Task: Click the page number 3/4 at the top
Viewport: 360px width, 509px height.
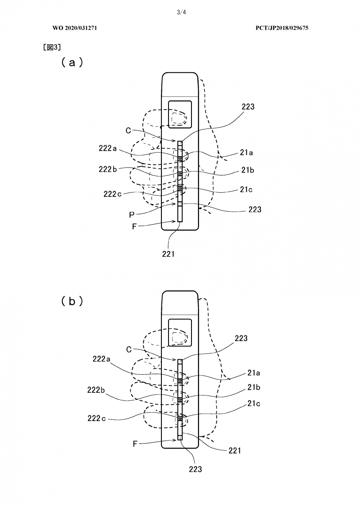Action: click(x=180, y=12)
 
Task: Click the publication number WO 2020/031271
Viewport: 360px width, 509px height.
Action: click(x=75, y=28)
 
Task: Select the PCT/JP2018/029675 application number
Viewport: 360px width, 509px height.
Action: click(x=282, y=28)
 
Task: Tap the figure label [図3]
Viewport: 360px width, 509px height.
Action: click(x=52, y=47)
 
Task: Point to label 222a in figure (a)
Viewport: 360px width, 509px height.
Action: click(x=107, y=149)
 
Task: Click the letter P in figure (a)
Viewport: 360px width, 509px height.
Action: click(x=132, y=215)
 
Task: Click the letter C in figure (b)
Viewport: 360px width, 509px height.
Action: click(x=129, y=349)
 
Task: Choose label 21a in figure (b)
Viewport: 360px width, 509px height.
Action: click(x=253, y=373)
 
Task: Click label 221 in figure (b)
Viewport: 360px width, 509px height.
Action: click(x=235, y=451)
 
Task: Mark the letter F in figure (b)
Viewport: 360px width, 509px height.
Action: click(x=135, y=444)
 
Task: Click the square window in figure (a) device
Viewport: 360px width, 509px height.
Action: click(x=180, y=115)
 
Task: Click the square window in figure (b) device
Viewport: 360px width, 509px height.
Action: click(x=180, y=332)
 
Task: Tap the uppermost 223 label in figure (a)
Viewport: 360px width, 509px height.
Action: click(x=248, y=106)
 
